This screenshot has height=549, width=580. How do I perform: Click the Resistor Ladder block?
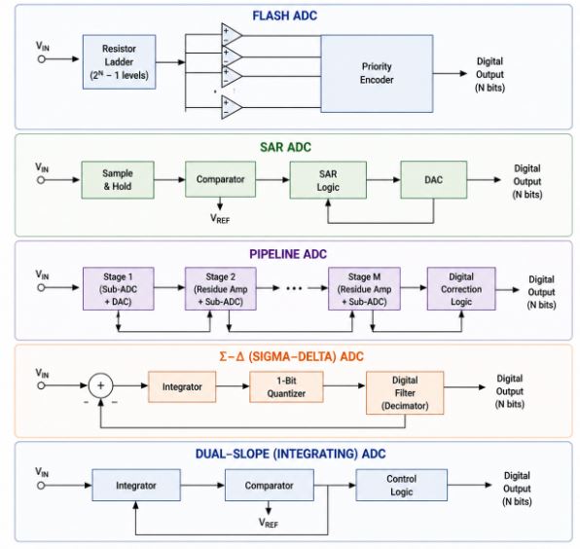tap(119, 61)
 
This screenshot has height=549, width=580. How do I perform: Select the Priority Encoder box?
tap(377, 73)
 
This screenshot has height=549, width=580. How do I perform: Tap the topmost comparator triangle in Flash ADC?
tap(232, 35)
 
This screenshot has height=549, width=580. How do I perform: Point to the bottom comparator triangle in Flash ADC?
tap(232, 107)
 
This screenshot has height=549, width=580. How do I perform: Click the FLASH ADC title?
tap(285, 16)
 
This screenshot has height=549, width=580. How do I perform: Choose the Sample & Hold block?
tap(118, 180)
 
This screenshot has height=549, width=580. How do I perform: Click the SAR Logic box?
tap(328, 180)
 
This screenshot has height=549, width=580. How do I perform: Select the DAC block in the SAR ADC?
tap(433, 180)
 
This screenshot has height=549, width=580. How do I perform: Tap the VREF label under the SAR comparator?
tap(220, 219)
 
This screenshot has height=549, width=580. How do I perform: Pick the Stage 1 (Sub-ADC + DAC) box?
tap(119, 288)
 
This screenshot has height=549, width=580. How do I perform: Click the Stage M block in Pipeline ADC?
tap(364, 288)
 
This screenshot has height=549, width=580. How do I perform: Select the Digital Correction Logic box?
tap(461, 288)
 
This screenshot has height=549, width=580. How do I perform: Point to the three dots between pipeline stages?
tap(295, 288)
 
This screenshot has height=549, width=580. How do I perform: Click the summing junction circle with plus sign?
tap(100, 385)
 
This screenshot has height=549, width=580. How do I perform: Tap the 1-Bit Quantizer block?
tap(286, 387)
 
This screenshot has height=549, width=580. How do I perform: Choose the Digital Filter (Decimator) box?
tap(405, 393)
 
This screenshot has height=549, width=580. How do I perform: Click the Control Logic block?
tap(401, 485)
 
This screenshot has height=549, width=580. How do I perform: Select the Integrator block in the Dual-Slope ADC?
tap(136, 485)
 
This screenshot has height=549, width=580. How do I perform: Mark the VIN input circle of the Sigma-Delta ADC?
tap(41, 385)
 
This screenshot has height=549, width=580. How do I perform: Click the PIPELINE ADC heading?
tap(288, 254)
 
